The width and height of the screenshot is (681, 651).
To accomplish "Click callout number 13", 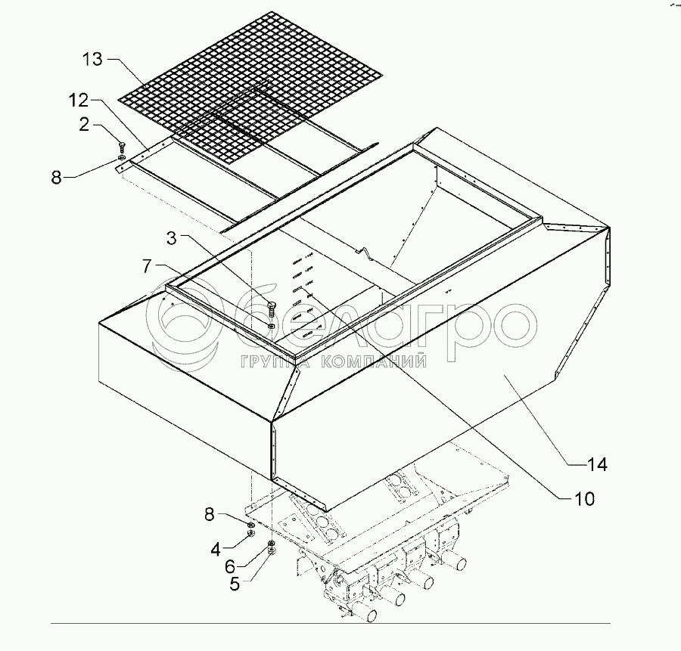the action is (x=92, y=59).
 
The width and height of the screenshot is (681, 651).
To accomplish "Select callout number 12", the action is (x=78, y=101).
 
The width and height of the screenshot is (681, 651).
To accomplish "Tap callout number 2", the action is (x=84, y=124).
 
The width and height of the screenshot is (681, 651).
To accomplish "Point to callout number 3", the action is (x=172, y=238).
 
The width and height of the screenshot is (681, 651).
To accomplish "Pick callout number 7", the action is (x=148, y=266).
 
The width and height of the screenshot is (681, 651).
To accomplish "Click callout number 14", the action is (x=597, y=465).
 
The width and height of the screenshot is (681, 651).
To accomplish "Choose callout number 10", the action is (x=584, y=499).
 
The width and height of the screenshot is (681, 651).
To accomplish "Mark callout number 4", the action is (x=216, y=550).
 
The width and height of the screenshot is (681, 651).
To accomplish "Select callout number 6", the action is (x=230, y=566).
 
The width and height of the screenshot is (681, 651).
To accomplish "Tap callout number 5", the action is (x=235, y=584).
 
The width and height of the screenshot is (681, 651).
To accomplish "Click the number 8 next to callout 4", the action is (x=210, y=515).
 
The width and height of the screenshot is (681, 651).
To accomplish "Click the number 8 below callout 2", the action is (x=57, y=178).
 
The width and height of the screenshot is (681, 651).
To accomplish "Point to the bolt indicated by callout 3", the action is (x=272, y=309).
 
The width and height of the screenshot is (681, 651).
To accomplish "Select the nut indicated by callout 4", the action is (x=250, y=533).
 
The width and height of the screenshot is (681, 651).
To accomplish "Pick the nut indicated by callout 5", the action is (x=272, y=550).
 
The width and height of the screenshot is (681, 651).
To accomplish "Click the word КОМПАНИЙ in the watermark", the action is (x=374, y=361).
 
